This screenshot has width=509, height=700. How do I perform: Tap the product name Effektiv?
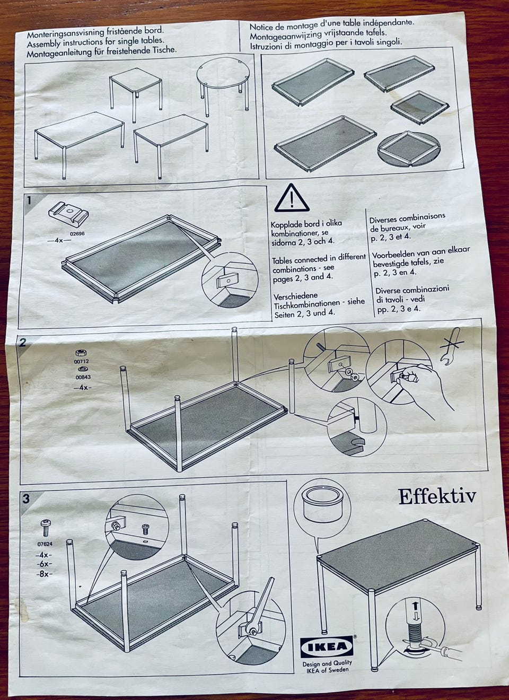click(437, 496)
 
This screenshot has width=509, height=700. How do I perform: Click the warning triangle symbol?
click(292, 198)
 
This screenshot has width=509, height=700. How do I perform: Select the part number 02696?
click(77, 233)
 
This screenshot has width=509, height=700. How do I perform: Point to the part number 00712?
click(82, 361)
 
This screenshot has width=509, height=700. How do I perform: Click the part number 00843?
click(83, 377)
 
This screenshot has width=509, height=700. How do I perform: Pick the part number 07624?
click(45, 544)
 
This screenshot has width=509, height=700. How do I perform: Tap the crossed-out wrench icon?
click(451, 346)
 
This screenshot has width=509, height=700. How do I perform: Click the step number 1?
click(29, 200)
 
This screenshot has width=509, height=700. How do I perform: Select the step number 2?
click(22, 343)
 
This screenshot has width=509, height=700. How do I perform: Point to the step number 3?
click(27, 498)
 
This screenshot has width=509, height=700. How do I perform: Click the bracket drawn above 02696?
click(68, 214)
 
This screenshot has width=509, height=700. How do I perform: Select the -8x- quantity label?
click(44, 574)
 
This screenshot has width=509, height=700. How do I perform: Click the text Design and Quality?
click(327, 663)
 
